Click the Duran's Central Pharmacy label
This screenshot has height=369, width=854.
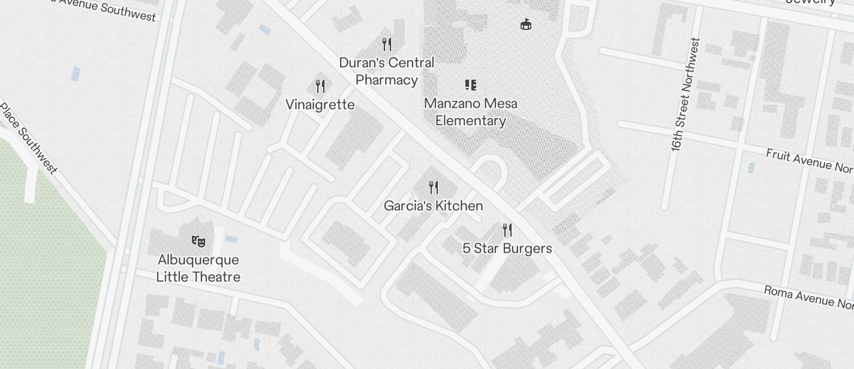(x=387, y=71)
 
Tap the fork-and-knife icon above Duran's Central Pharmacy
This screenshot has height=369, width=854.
(x=387, y=44)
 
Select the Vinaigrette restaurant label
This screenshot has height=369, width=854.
(x=320, y=105)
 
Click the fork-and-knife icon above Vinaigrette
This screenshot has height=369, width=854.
(x=320, y=86)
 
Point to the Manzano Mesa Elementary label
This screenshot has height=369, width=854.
(x=471, y=112)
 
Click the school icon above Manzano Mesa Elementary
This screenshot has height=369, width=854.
(x=471, y=85)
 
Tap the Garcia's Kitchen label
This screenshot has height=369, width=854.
(x=433, y=206)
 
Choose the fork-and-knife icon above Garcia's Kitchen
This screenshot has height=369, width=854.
(x=434, y=187)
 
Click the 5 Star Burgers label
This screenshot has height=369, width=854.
(x=507, y=249)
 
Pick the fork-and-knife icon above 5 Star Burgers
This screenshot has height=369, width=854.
(x=507, y=230)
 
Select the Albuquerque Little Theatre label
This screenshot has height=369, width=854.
(x=199, y=268)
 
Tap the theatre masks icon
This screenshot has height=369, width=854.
(x=199, y=241)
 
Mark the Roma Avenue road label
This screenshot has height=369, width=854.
(x=808, y=296)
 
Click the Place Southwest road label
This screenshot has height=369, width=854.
(x=28, y=139)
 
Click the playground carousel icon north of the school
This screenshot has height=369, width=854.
(x=526, y=25)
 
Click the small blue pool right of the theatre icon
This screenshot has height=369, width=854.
(x=231, y=240)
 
